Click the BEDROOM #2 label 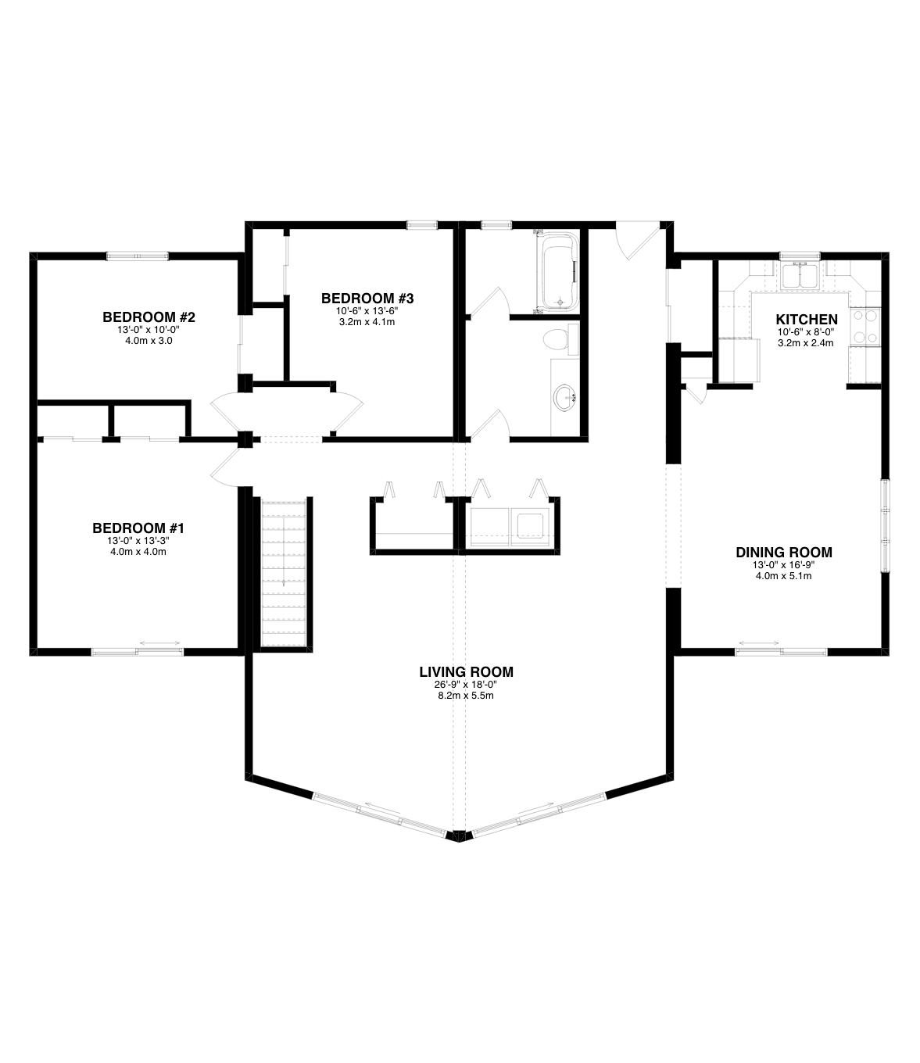[x=149, y=317]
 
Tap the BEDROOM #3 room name [x=367, y=299]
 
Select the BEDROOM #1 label [x=138, y=528]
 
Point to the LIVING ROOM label [x=467, y=672]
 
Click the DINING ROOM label [x=784, y=553]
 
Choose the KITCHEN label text [x=807, y=320]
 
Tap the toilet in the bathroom [x=560, y=339]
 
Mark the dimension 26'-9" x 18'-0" [x=467, y=685]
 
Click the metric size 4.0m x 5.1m [x=784, y=576]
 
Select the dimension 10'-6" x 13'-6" [x=367, y=311]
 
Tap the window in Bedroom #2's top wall [x=138, y=256]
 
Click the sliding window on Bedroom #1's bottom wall [x=138, y=652]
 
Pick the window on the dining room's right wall [x=885, y=525]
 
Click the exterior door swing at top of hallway [x=638, y=240]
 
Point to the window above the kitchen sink [x=800, y=256]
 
